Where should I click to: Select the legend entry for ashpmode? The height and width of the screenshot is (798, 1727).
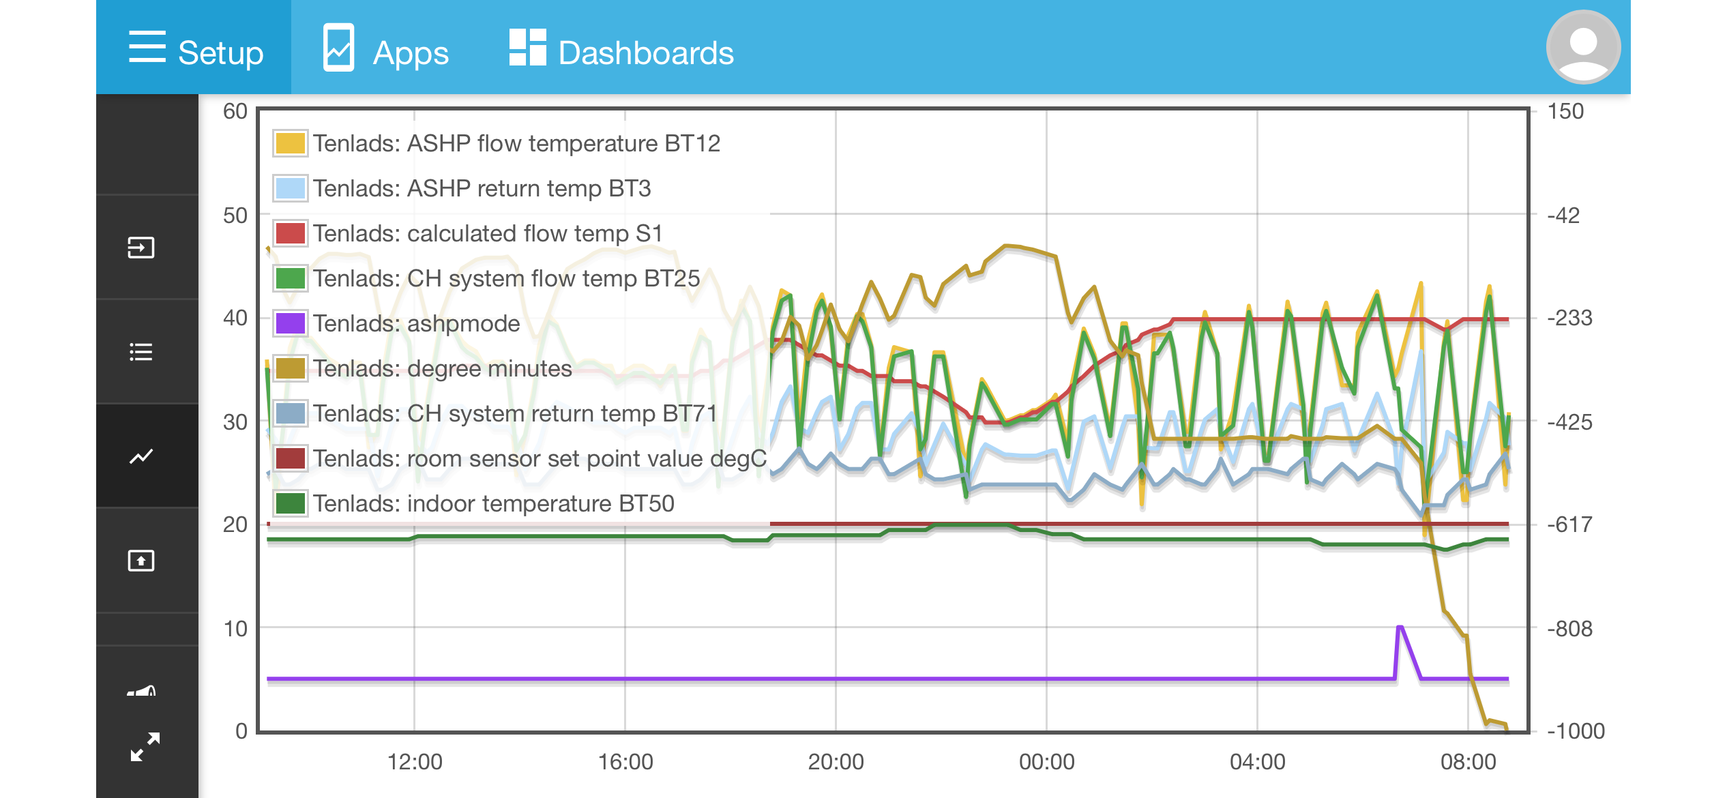click(x=416, y=323)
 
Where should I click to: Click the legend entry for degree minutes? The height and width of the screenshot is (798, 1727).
click(x=442, y=368)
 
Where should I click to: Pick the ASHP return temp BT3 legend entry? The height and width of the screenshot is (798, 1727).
click(x=482, y=188)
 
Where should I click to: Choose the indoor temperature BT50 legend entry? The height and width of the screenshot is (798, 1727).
click(x=493, y=503)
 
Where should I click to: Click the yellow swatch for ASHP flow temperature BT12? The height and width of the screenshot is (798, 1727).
click(x=291, y=143)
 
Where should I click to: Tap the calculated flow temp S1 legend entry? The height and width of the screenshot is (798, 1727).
click(x=488, y=233)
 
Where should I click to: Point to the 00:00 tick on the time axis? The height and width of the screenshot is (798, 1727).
click(x=1046, y=761)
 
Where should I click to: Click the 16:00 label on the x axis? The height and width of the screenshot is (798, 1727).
click(x=625, y=761)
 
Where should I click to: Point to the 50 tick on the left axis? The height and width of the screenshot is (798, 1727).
click(x=235, y=216)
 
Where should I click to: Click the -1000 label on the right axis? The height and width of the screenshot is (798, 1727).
click(x=1576, y=731)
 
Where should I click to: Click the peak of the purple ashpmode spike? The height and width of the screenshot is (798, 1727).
click(x=1400, y=627)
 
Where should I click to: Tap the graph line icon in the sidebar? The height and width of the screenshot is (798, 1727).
click(x=141, y=456)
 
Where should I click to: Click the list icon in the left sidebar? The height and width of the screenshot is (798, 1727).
click(x=141, y=352)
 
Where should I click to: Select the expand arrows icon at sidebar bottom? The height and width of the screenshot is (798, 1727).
click(x=145, y=747)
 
